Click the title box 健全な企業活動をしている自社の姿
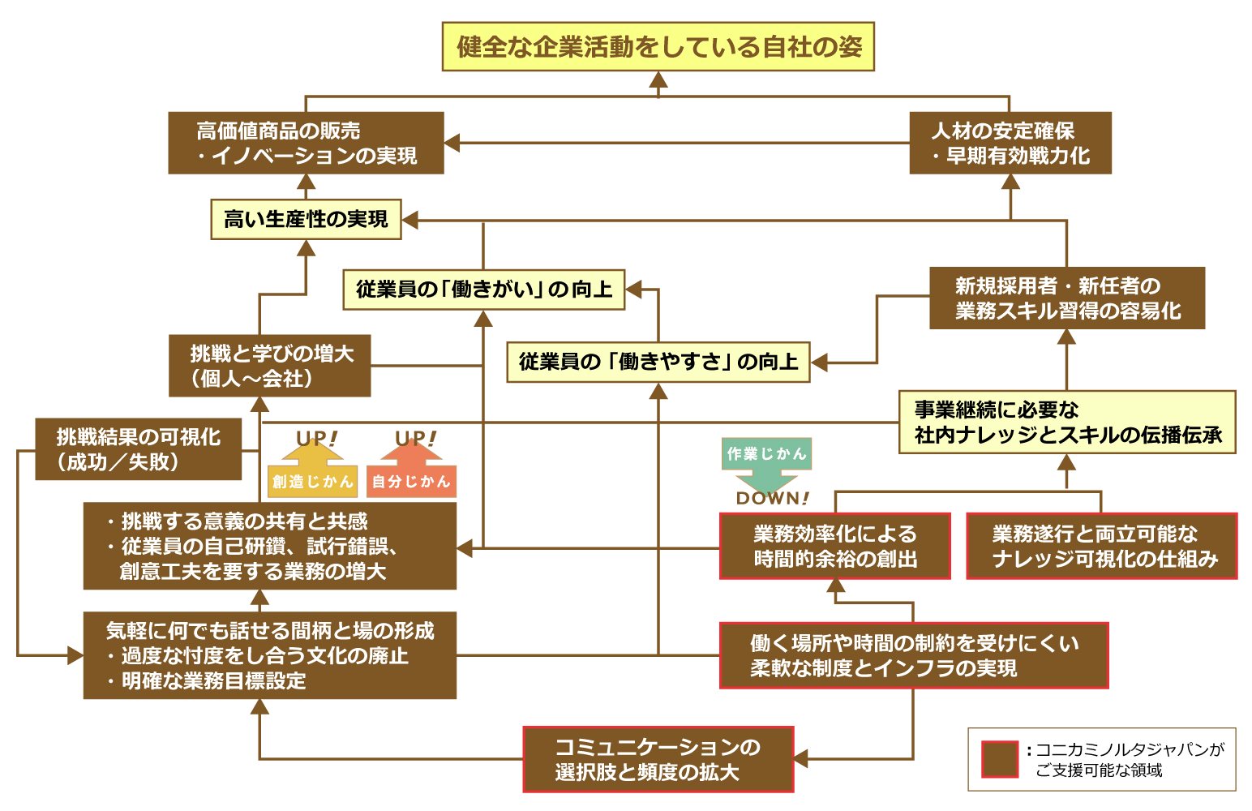658,46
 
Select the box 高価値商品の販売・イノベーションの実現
306,143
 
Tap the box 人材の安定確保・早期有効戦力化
1010,143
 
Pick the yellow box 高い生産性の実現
306,219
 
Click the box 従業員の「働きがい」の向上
483,290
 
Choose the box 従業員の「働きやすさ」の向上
658,362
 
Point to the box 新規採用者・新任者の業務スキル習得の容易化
1066,298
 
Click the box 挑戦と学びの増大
269,366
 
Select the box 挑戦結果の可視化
138,449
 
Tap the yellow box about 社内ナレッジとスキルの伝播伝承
1066,422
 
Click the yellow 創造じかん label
312,481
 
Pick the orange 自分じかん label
411,481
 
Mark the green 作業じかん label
766,453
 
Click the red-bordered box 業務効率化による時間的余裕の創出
834,546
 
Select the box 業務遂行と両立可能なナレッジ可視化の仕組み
1101,546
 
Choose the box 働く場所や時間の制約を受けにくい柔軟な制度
913,655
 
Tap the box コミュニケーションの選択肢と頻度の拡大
658,759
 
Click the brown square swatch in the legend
999,759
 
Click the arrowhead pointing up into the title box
658,79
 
